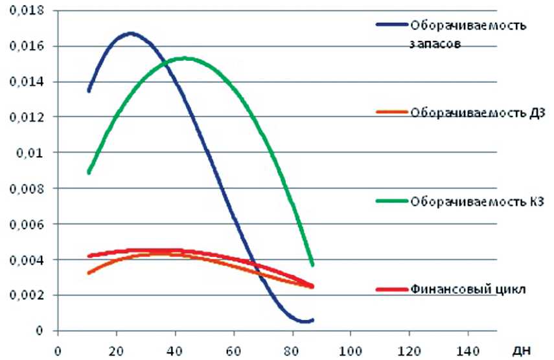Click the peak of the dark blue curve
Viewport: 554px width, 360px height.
tap(131, 33)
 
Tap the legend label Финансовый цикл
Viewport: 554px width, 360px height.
tap(466, 288)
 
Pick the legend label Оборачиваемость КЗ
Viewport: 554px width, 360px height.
tap(476, 201)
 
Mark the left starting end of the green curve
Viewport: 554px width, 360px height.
tap(89, 172)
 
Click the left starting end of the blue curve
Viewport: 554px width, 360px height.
tap(89, 91)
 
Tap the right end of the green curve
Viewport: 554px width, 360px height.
tap(313, 264)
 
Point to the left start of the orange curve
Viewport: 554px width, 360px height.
tap(89, 273)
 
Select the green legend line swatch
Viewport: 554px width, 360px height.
tap(392, 201)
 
